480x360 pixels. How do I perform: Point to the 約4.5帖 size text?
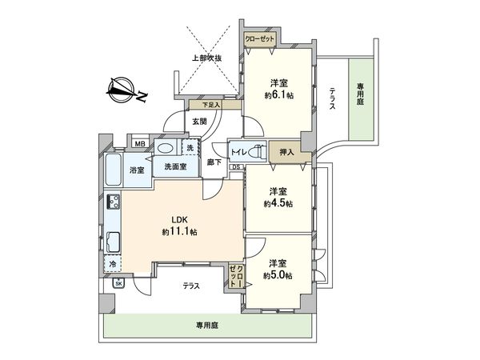(x=278, y=202)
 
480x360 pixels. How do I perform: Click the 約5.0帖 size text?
(x=278, y=274)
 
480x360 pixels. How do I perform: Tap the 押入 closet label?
(x=286, y=151)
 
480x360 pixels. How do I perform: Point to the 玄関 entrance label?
(x=199, y=121)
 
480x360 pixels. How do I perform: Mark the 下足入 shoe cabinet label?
(x=210, y=105)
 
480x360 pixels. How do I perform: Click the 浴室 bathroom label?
(x=138, y=170)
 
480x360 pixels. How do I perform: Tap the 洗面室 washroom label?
(x=175, y=166)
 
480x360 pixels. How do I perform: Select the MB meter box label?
(x=139, y=144)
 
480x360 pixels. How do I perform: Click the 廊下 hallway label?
(x=214, y=162)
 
